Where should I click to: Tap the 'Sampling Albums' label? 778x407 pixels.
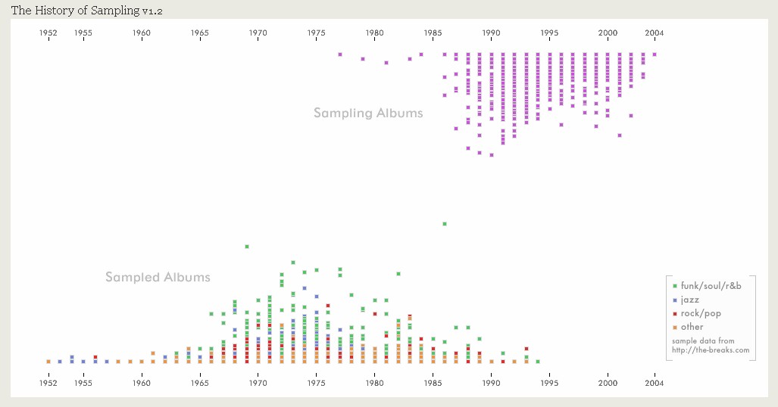coord(368,113)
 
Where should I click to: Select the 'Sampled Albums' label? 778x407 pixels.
coord(158,277)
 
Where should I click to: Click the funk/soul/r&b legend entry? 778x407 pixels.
coord(711,285)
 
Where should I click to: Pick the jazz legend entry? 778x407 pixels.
coord(689,300)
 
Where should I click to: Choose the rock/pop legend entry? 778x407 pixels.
coord(701,313)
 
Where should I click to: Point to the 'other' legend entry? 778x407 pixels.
coord(692,327)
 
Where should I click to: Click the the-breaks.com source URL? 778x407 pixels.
coord(710,350)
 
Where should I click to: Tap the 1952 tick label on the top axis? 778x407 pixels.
coord(48,33)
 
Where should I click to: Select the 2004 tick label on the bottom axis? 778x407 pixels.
coord(655,383)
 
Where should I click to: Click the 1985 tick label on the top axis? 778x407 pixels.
coord(433,33)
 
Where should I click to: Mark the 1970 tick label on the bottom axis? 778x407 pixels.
coord(258,383)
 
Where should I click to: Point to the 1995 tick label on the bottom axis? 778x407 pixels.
coord(550,383)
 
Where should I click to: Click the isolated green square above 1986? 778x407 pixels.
coord(445,224)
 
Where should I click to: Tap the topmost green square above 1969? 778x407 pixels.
coord(247,247)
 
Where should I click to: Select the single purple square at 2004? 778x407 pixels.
coord(655,54)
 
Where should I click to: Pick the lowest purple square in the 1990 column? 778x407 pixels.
coord(492,155)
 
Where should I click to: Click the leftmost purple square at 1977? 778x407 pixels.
coord(340,54)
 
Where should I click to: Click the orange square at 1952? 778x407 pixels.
coord(48,362)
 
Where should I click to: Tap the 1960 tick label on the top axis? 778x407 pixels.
coord(142,33)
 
